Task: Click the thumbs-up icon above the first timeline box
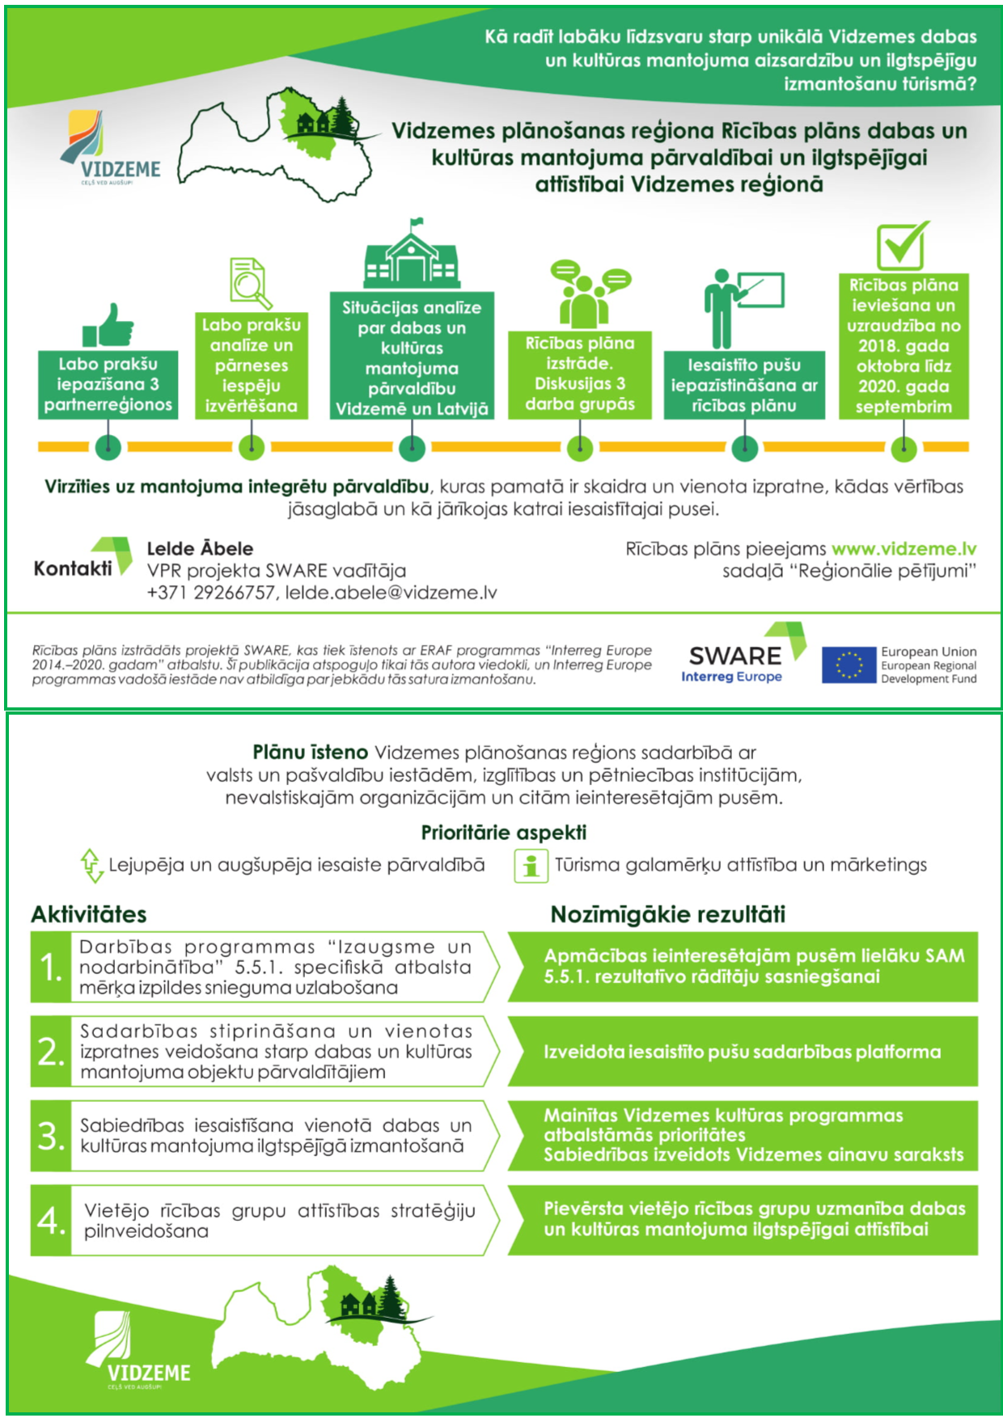tap(108, 325)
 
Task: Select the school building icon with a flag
tap(411, 254)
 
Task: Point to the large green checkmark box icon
tap(903, 245)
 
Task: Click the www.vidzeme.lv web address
tap(904, 549)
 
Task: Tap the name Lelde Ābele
tap(200, 549)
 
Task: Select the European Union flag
tap(849, 665)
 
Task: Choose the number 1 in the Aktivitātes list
tap(51, 967)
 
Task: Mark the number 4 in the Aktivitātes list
tap(51, 1220)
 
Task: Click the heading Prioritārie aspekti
tap(503, 833)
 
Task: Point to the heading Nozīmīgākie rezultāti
tap(667, 914)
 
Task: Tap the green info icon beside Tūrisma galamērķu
tap(531, 866)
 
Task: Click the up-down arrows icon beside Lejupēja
tap(90, 865)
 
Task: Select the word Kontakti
tap(73, 568)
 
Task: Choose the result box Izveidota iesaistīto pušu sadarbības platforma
tap(742, 1052)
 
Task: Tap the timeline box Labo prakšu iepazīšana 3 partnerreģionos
tap(108, 385)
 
